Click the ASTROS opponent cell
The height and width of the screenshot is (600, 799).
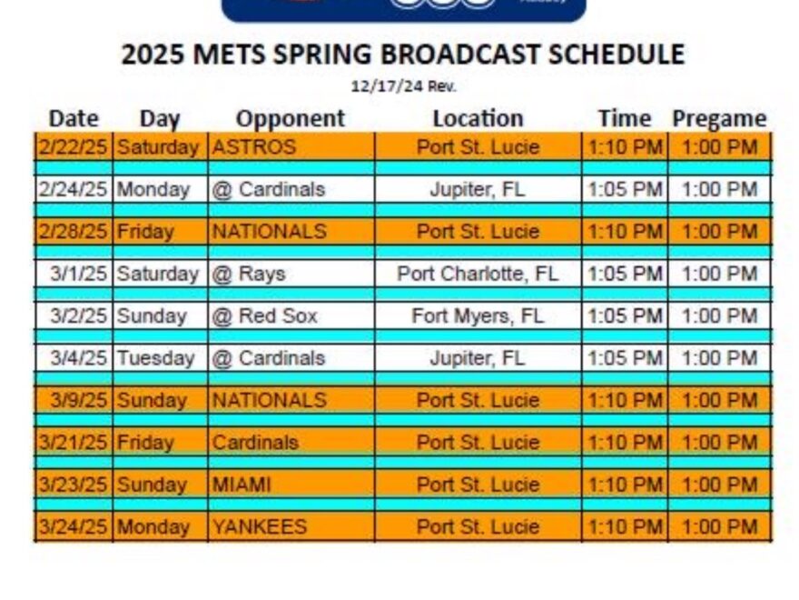point(253,147)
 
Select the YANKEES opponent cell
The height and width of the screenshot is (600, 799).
point(259,526)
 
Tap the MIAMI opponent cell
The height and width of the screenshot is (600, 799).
point(242,485)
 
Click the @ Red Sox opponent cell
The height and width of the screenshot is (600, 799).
point(263,316)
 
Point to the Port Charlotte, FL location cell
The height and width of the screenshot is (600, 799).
point(478,274)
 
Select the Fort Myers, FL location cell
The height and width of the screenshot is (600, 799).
point(478,316)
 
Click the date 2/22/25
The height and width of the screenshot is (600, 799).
point(73,147)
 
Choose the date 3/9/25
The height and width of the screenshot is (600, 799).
point(80,400)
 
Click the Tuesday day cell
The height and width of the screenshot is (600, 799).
point(155,358)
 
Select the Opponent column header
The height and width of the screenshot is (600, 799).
point(291,118)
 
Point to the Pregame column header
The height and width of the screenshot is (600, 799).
point(719,118)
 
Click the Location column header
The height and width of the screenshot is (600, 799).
point(478,118)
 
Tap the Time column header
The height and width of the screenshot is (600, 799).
point(625,118)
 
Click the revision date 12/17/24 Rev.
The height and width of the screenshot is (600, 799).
point(403,87)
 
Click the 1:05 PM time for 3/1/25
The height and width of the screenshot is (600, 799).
point(625,274)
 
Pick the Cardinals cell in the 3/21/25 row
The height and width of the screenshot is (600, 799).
point(255,443)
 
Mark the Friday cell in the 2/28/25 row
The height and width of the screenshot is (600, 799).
point(145,232)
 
